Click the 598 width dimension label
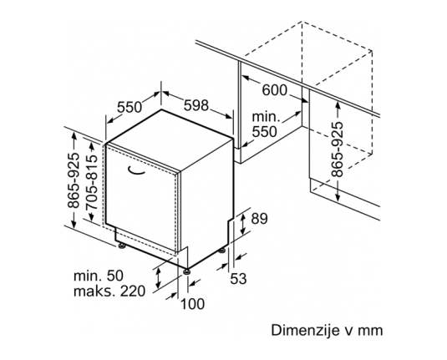(x=196, y=106)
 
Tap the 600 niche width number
(x=275, y=91)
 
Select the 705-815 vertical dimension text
(x=91, y=182)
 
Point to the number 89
(x=259, y=219)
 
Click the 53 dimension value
(x=238, y=278)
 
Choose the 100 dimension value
(x=192, y=304)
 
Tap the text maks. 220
(x=109, y=292)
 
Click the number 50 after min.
(x=115, y=276)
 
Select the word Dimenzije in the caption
(x=305, y=331)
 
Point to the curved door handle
(x=136, y=170)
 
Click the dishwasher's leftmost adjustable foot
(x=122, y=245)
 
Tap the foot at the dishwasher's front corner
(x=186, y=271)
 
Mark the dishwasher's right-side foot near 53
(x=222, y=251)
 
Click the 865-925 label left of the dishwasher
(x=74, y=180)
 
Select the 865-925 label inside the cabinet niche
(x=338, y=150)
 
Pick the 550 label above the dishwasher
(x=130, y=107)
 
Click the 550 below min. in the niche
(x=265, y=132)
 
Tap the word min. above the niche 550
(x=265, y=117)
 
